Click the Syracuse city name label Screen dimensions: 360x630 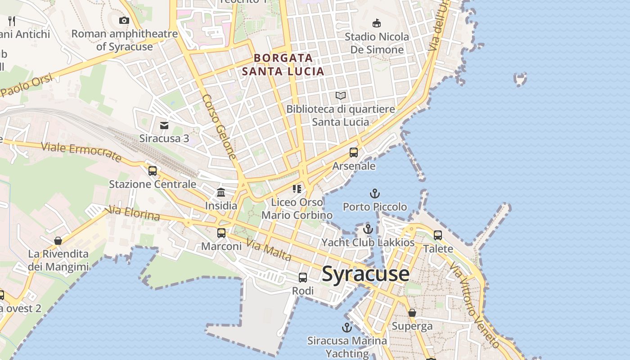pos(365,274)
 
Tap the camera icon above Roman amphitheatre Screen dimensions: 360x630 pos(124,20)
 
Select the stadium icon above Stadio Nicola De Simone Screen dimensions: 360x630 pos(377,23)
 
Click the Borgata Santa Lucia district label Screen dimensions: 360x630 pos(283,64)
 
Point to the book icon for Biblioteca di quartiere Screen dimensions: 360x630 pos(341,95)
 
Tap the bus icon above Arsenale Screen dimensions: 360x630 pos(354,153)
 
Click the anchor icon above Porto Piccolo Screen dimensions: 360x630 pos(375,193)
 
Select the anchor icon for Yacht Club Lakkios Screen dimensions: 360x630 pos(368,229)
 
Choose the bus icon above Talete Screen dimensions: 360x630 pos(438,235)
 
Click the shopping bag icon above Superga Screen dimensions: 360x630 pos(412,312)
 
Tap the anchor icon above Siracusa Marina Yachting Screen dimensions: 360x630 pos(346,327)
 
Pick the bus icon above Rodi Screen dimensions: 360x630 pos(303,278)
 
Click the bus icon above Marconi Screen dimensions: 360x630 pos(221,233)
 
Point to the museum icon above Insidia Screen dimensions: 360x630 pos(221,193)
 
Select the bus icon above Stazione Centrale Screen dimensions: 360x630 pos(153,171)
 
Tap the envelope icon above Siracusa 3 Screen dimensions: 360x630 pos(164,125)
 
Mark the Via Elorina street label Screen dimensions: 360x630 pos(133,213)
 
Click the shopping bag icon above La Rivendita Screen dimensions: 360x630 pos(58,241)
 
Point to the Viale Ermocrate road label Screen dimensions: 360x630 pos(81,152)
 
